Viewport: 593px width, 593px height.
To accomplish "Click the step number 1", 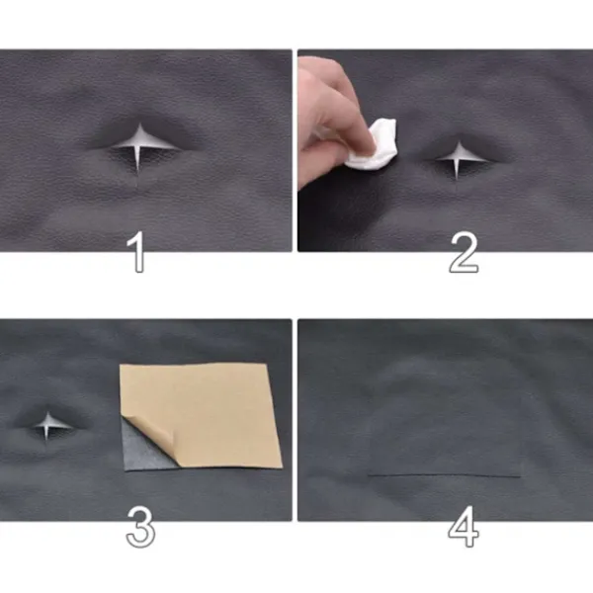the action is coord(137,252).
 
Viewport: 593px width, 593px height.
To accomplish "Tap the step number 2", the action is coord(465,252).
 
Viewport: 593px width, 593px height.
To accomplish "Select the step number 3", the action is coord(140,527).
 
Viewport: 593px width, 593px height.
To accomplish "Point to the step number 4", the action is coord(464,527).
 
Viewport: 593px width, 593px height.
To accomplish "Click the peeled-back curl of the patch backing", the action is coord(151,431).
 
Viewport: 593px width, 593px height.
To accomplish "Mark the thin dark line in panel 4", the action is coord(444,475).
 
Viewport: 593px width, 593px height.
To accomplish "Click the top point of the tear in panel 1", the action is coord(140,123).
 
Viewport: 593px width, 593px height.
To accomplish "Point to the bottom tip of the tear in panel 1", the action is coord(137,176).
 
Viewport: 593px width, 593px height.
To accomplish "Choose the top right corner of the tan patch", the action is coord(267,364).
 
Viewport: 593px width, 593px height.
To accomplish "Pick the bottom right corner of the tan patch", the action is coord(282,467).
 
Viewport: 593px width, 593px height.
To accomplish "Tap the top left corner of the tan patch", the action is coord(121,365).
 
